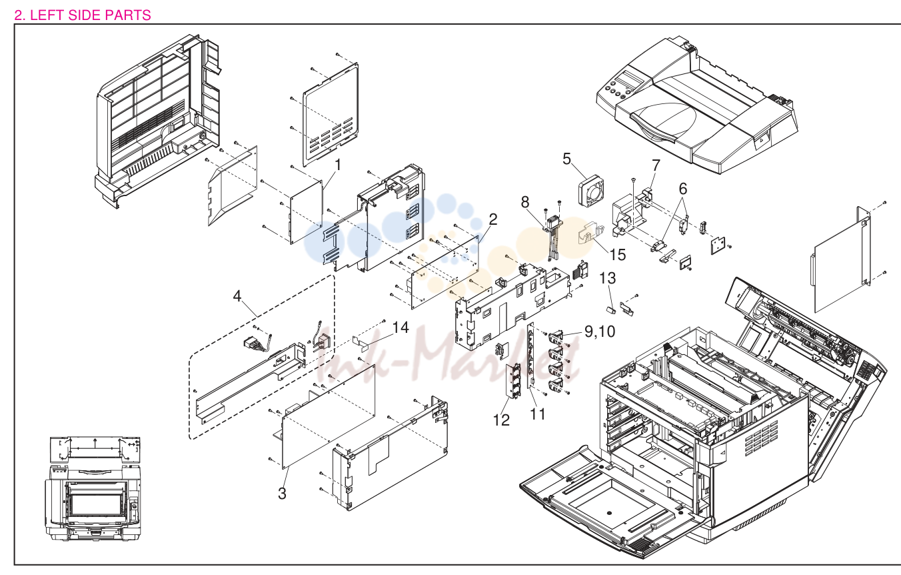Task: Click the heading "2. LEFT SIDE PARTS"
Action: coord(83,15)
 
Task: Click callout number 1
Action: coord(338,165)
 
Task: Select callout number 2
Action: coord(493,219)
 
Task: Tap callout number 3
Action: coord(282,493)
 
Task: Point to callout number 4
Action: coord(237,296)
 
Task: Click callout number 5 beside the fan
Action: coord(566,159)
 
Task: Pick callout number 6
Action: coord(683,189)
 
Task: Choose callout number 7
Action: coord(656,165)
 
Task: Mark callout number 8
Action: coord(525,201)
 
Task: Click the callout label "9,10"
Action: coord(600,332)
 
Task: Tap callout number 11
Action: coord(538,414)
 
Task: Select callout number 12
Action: coord(501,420)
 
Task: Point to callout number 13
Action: coord(607,278)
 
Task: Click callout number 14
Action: coord(401,328)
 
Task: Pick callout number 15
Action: coord(617,255)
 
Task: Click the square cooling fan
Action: coord(591,191)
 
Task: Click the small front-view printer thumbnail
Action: coord(94,488)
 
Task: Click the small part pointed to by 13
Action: coord(611,310)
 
